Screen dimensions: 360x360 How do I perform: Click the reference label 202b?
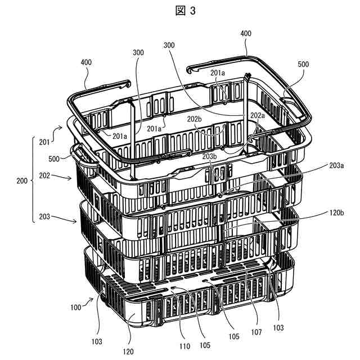click(195, 119)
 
